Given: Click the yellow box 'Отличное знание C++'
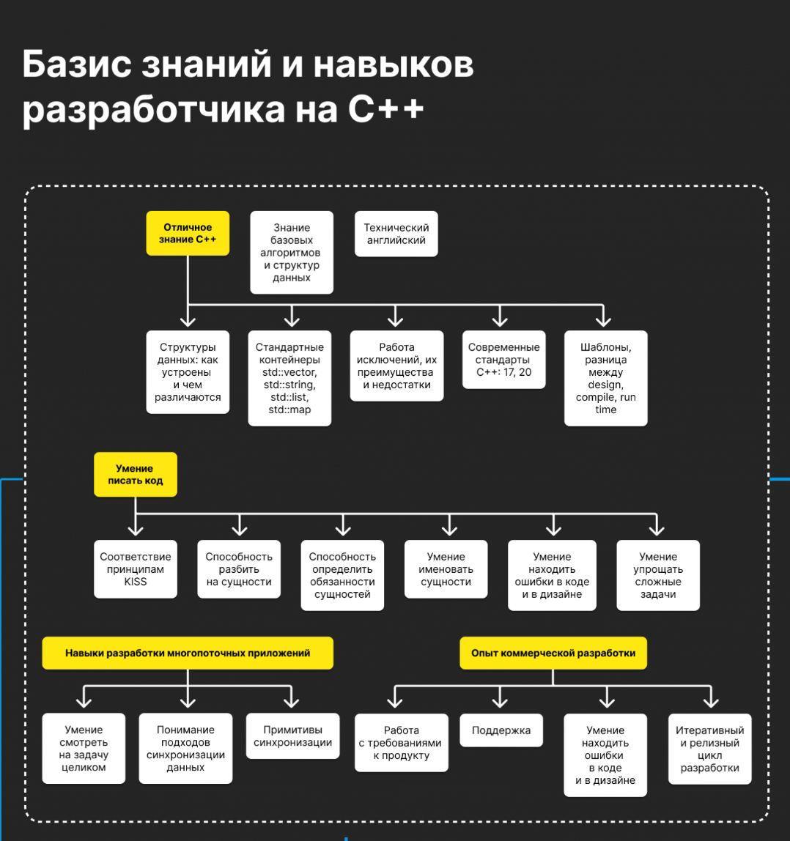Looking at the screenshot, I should (x=188, y=234).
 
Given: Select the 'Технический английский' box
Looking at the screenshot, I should (x=396, y=234).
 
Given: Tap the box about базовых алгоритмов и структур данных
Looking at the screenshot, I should (x=292, y=253).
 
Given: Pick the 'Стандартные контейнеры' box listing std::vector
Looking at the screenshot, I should (x=289, y=378).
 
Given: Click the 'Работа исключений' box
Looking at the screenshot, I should (x=396, y=366).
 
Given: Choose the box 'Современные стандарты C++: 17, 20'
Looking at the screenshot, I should (x=503, y=360).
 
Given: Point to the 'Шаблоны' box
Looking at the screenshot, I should (x=605, y=378).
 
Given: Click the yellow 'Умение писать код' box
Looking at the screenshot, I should (x=136, y=475).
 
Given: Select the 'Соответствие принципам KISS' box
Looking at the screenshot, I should (x=136, y=569).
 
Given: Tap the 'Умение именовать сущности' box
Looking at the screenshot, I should (x=446, y=569).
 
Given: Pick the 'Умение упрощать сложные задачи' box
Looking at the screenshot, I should (x=658, y=575).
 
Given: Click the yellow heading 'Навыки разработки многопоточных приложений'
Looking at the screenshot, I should (x=188, y=653).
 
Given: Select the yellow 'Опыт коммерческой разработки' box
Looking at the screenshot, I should (x=553, y=653).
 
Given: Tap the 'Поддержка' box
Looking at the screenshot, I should (x=501, y=730).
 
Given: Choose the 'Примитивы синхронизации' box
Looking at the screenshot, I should (x=292, y=736).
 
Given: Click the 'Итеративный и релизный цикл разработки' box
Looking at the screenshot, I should (x=709, y=749).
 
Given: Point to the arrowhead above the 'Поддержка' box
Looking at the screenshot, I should (x=501, y=702).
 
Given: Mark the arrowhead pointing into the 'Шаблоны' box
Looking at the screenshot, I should (x=603, y=319).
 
